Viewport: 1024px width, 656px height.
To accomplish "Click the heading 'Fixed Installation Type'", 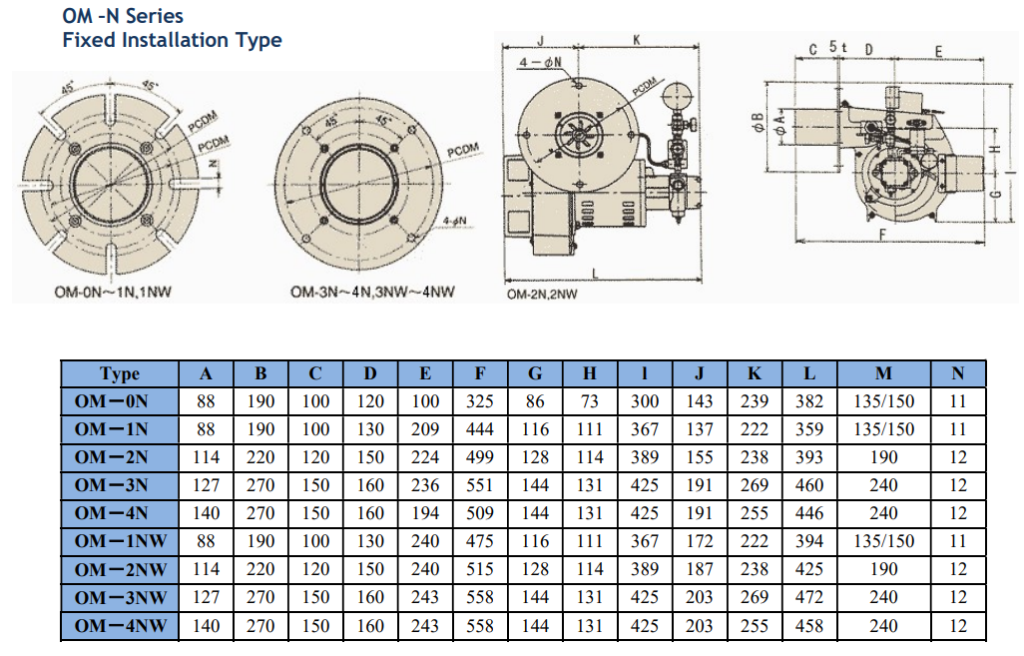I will (172, 40).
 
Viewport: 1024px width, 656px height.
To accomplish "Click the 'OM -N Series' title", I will (123, 16).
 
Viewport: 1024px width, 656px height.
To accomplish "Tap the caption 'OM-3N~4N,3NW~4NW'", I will (373, 293).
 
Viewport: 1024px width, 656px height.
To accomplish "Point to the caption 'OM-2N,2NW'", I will (542, 295).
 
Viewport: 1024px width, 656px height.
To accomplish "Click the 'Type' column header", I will (120, 374).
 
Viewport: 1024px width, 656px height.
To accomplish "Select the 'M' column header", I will (883, 374).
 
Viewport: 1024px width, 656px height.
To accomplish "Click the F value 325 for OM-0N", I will (480, 401).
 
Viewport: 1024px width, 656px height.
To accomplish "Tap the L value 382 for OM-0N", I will (809, 401).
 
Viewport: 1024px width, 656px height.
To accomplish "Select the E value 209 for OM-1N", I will (425, 429).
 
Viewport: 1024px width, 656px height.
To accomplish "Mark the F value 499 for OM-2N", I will (480, 457).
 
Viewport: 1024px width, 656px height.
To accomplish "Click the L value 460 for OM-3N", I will (809, 485).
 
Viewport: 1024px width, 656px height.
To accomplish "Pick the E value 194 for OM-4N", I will (425, 513).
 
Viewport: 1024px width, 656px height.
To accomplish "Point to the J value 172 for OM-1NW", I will (700, 541).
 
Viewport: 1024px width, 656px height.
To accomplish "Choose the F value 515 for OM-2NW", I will (480, 569).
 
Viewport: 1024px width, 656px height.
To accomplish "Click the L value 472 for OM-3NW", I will (809, 597).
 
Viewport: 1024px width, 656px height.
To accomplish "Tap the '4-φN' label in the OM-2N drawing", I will (540, 62).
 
